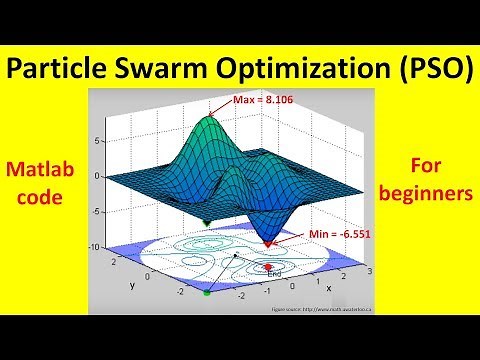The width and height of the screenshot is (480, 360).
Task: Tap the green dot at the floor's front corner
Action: (x=207, y=293)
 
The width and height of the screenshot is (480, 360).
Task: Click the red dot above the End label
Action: (x=268, y=266)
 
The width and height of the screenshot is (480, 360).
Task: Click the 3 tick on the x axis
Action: (x=372, y=272)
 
